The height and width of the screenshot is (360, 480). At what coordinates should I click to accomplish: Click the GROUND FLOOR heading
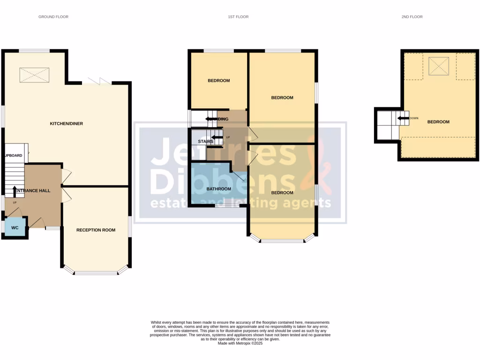(x=53, y=17)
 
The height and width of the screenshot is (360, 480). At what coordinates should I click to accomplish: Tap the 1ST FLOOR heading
(x=238, y=17)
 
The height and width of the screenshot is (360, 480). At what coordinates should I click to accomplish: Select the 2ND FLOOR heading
(x=412, y=17)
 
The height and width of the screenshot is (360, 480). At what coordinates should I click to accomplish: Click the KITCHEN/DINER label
(x=67, y=124)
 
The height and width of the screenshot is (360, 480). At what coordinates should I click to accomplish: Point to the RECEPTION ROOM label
(x=96, y=230)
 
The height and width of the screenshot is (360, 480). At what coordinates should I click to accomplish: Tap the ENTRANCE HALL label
(x=33, y=191)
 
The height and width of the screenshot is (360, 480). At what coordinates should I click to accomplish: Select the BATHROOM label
(x=219, y=189)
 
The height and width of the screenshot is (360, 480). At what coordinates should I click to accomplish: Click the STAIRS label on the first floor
(x=206, y=141)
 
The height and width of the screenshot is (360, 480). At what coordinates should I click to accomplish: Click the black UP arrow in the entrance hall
(x=14, y=190)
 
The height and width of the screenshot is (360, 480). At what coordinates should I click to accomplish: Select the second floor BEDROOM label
(x=438, y=122)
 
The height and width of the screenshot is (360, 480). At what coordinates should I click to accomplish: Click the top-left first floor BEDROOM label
(x=219, y=81)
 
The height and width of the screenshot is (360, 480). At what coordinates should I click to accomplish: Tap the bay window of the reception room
(x=96, y=272)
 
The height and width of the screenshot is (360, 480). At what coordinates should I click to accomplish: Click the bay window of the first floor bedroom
(x=282, y=241)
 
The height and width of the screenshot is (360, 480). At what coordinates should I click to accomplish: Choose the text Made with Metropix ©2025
(x=240, y=343)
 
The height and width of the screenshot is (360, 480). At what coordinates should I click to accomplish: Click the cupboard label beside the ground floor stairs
(x=14, y=155)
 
